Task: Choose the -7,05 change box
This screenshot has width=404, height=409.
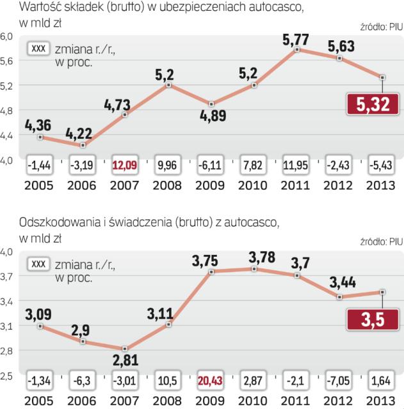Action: pyautogui.click(x=339, y=381)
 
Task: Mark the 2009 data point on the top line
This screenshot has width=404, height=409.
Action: pyautogui.click(x=212, y=104)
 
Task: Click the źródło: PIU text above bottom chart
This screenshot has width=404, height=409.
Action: pyautogui.click(x=382, y=241)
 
